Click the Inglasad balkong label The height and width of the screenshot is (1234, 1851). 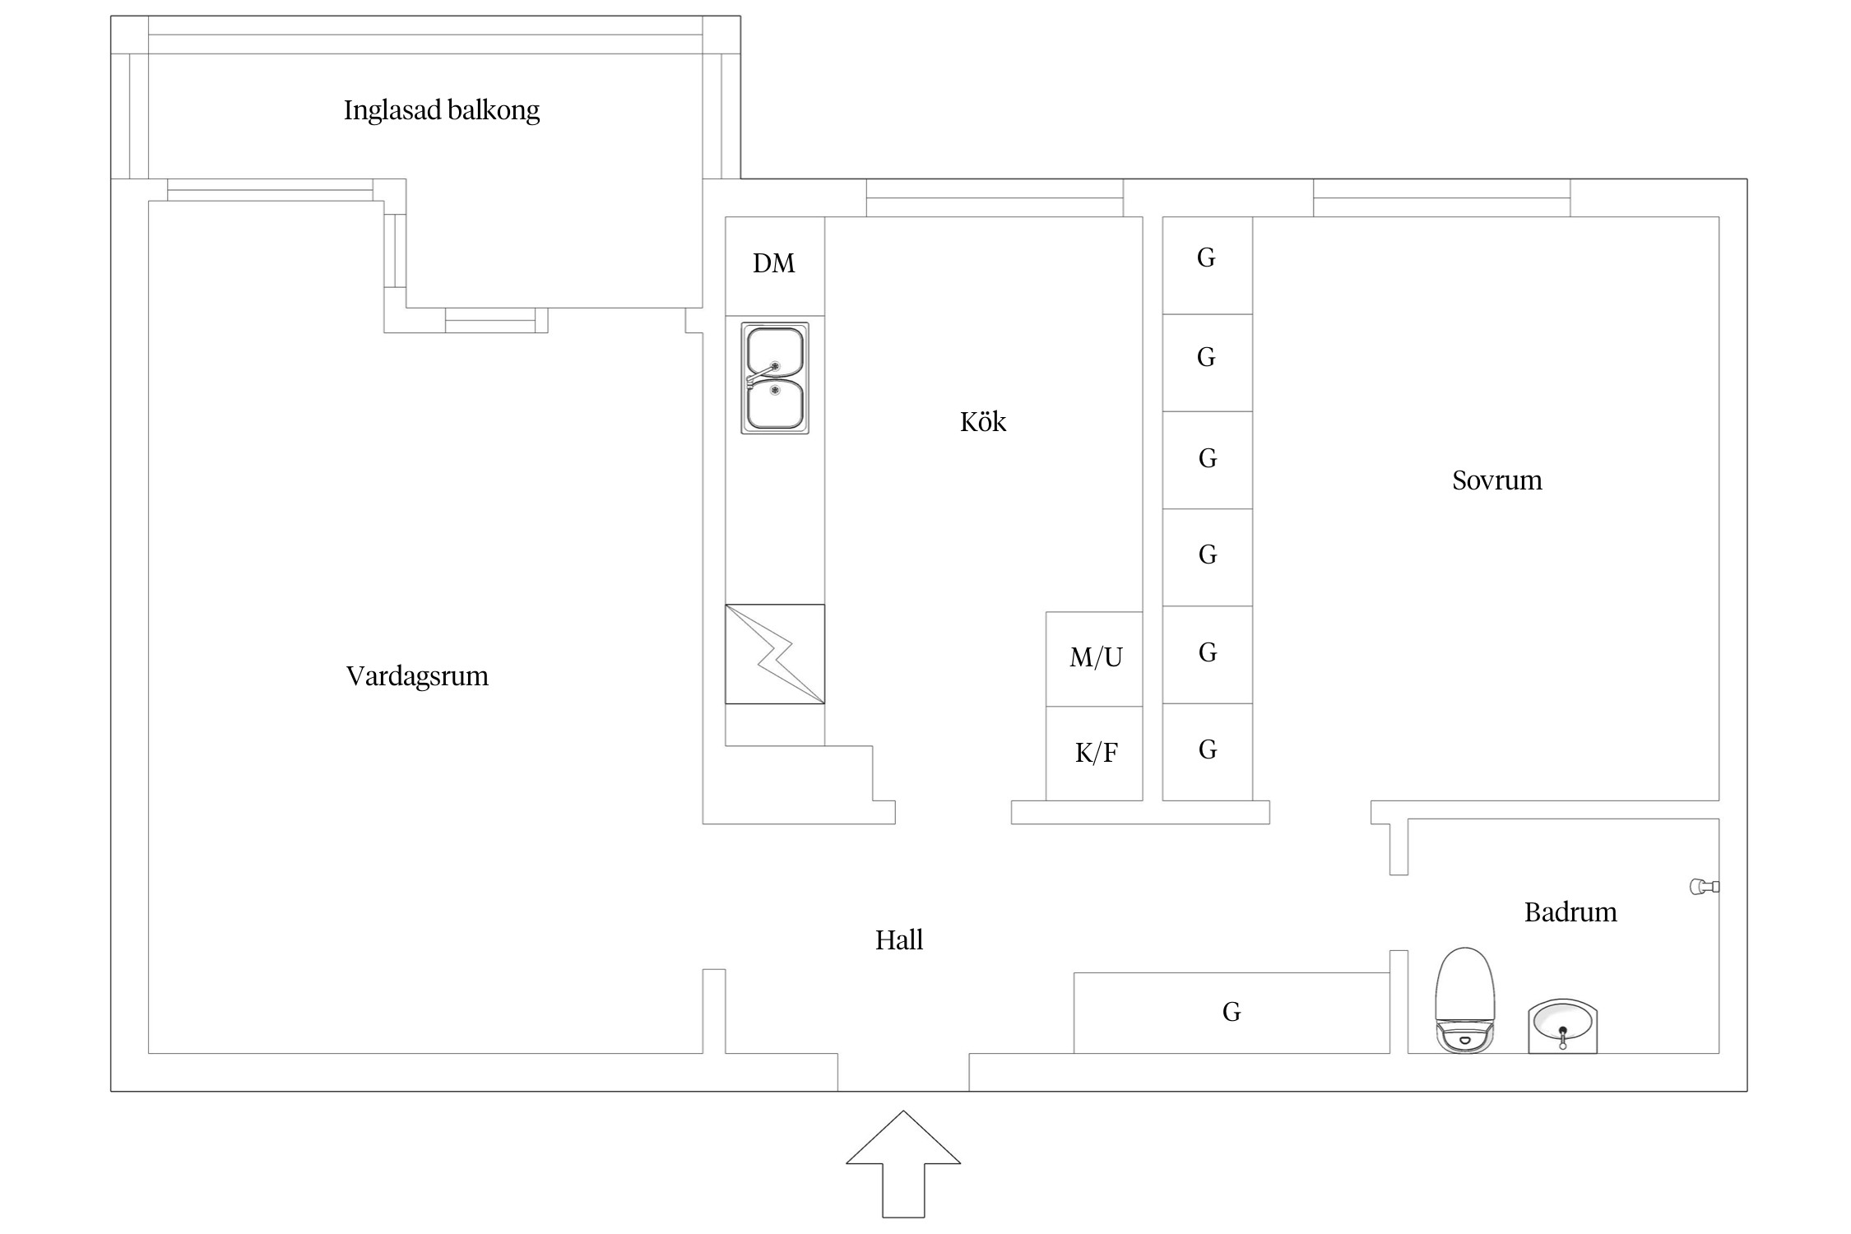[441, 110]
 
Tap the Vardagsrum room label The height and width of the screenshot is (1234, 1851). [417, 676]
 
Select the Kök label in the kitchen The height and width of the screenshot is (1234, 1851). [983, 422]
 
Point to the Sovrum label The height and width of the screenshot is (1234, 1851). [1496, 480]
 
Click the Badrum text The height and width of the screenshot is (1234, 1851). [1570, 912]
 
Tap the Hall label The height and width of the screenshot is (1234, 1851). [898, 940]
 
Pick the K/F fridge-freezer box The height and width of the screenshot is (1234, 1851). [1094, 753]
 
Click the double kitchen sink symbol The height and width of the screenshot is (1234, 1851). [775, 378]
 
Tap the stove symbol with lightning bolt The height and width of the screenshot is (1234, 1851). [775, 654]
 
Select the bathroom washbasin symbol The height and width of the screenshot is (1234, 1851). [1562, 1027]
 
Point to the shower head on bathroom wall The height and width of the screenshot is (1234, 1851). [1703, 886]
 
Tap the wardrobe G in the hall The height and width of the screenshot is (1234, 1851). [1231, 1012]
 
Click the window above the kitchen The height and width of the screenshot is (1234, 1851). [994, 198]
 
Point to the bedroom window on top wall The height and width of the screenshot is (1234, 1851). [1441, 198]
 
